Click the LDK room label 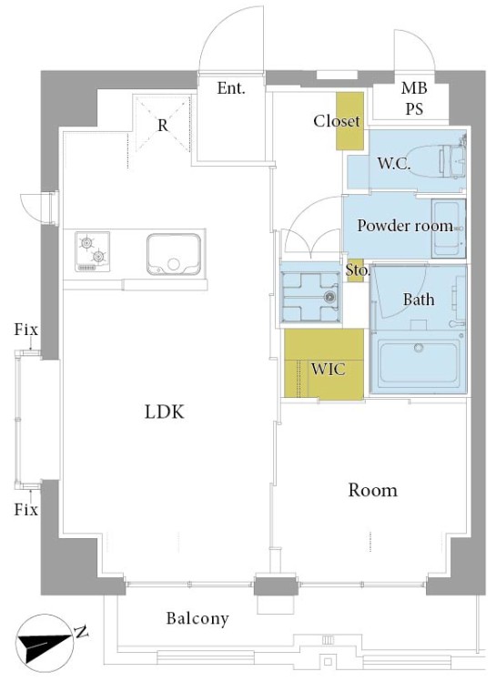[x=164, y=412]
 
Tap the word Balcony [x=197, y=618]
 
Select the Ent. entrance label [x=231, y=88]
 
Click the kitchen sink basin [x=174, y=254]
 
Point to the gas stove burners [x=92, y=251]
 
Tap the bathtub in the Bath [x=419, y=363]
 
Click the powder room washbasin [x=449, y=229]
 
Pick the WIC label [x=329, y=369]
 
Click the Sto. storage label [x=357, y=270]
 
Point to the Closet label [x=337, y=120]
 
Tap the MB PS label [x=414, y=98]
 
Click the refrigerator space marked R [x=163, y=124]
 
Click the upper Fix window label [x=26, y=330]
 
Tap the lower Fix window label [x=26, y=510]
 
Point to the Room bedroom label [x=372, y=490]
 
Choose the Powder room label [x=405, y=226]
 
